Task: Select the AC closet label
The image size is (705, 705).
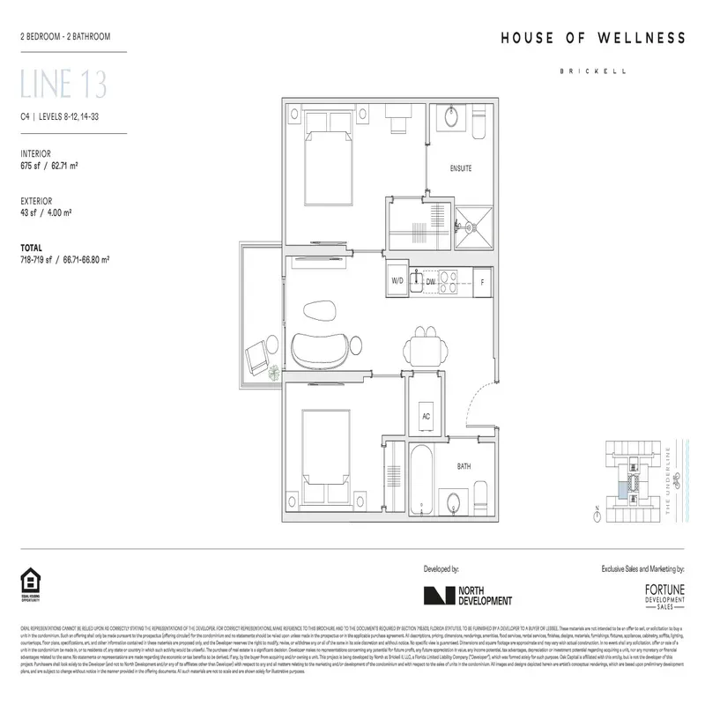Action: (427, 417)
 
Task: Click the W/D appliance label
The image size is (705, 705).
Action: (397, 283)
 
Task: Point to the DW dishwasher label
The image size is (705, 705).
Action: (431, 283)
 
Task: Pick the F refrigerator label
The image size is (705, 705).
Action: (481, 283)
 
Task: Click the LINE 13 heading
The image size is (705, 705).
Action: (63, 85)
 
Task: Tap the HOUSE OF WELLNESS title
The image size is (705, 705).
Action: (593, 38)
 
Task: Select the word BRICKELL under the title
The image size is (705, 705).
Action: (593, 73)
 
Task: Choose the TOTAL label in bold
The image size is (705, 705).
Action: (33, 249)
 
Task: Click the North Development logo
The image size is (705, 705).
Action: (467, 596)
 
